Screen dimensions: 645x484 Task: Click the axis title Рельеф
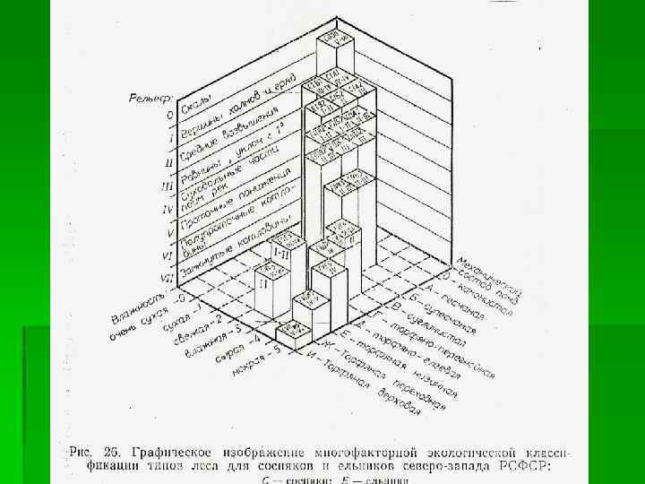(150, 97)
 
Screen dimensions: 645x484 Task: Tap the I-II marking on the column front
(279, 255)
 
